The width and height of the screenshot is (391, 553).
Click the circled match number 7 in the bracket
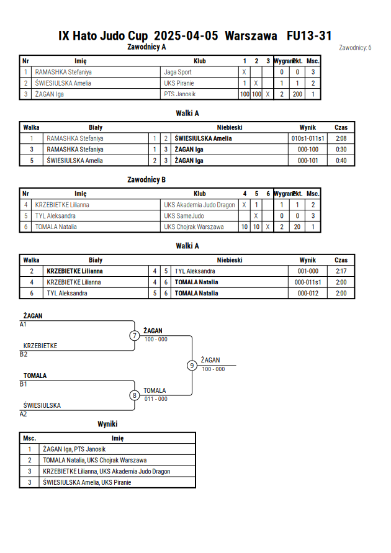[134, 335]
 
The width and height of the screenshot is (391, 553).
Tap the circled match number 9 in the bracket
[192, 366]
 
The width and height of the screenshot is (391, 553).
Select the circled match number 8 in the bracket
[134, 395]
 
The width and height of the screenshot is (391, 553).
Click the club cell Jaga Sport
[178, 72]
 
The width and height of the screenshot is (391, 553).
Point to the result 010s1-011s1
[308, 138]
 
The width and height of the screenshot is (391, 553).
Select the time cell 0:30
[341, 150]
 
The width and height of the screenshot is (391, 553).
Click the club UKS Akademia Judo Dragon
[199, 205]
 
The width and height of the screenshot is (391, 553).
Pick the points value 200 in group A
[297, 94]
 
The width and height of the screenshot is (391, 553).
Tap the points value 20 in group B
[297, 227]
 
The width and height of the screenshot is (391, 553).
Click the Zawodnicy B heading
[146, 180]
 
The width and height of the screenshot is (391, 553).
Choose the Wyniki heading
[107, 424]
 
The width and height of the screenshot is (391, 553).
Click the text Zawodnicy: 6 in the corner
[355, 48]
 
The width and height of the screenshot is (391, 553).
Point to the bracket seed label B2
[24, 354]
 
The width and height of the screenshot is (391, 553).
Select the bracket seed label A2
[23, 414]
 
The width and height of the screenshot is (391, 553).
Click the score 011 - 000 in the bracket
[156, 399]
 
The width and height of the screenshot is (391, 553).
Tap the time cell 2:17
[341, 271]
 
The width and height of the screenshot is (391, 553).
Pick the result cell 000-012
[308, 293]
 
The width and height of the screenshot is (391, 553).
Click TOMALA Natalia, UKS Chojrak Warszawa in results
[95, 461]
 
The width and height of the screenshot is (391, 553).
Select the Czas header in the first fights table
[341, 128]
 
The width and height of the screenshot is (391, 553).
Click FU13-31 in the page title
[309, 36]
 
